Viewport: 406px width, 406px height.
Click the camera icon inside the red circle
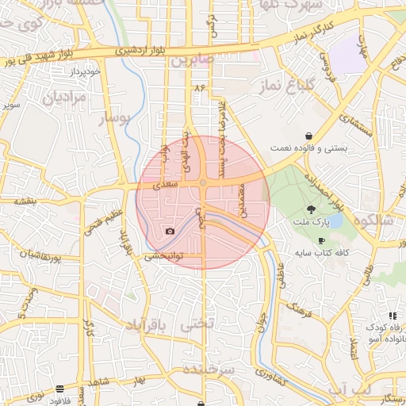coord(170,232)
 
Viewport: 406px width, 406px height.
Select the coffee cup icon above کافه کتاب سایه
coord(321,240)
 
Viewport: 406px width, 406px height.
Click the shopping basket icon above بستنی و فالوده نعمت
coord(308,136)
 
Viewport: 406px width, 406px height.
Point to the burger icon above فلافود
coord(60,389)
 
